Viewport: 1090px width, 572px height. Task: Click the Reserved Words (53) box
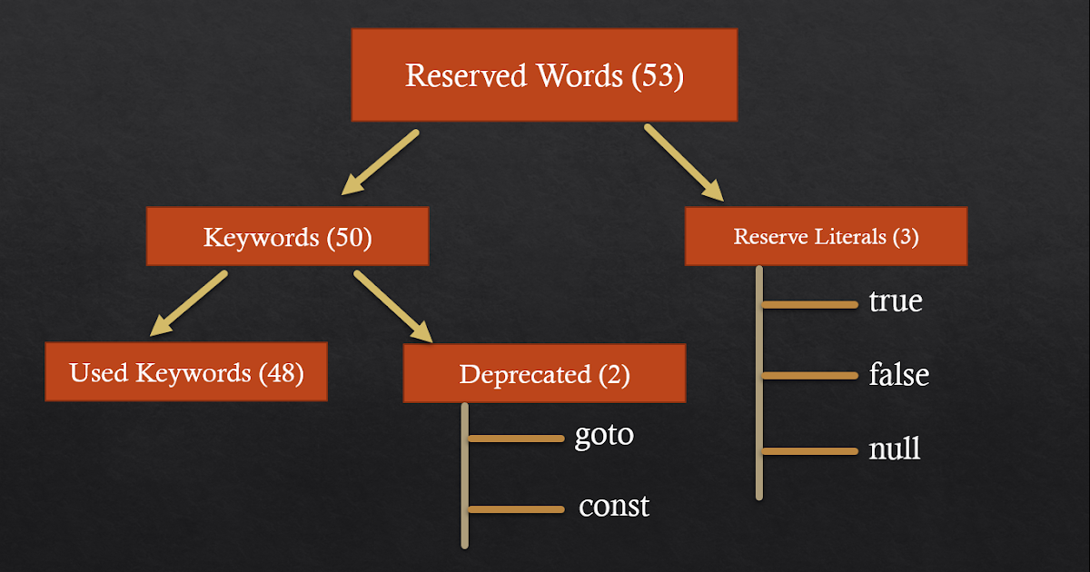pos(544,75)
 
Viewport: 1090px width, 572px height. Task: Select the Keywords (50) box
pos(287,238)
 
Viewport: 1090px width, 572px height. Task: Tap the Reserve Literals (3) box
pos(826,237)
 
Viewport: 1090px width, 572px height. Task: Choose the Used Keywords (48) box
pos(186,371)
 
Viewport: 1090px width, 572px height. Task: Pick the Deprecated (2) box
pos(544,373)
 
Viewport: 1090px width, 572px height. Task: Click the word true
pos(896,301)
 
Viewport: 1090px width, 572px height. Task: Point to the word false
pos(899,374)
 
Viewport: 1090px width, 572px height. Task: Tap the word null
pos(895,448)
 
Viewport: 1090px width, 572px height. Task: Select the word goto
pos(604,434)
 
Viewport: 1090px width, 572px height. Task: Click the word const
pos(614,506)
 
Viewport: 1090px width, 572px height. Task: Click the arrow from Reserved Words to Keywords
pos(380,163)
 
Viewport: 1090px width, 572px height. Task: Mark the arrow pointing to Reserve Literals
pos(684,163)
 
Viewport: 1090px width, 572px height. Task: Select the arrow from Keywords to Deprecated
pos(393,306)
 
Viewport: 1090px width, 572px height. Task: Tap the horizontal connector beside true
pos(810,305)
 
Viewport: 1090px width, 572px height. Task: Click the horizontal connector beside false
pos(810,375)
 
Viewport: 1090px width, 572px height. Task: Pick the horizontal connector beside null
pos(810,450)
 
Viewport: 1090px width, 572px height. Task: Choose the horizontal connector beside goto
pos(516,439)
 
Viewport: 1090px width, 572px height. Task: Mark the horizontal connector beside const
pos(516,509)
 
